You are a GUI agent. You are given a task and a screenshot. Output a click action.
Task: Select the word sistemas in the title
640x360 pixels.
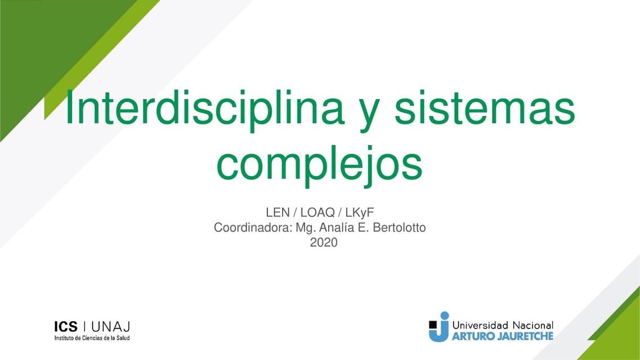[485, 109]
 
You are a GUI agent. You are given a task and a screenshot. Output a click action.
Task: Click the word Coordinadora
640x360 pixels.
[253, 228]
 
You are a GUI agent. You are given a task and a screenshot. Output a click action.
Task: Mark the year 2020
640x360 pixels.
[324, 243]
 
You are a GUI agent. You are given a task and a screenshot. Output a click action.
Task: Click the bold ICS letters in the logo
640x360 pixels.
[66, 327]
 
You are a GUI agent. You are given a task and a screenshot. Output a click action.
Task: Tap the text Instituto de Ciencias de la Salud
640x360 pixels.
[92, 338]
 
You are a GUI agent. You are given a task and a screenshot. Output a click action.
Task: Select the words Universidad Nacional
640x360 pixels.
[503, 325]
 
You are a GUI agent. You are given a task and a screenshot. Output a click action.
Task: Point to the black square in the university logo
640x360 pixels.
[432, 324]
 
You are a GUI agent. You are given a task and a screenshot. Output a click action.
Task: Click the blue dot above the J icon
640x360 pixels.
[445, 316]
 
